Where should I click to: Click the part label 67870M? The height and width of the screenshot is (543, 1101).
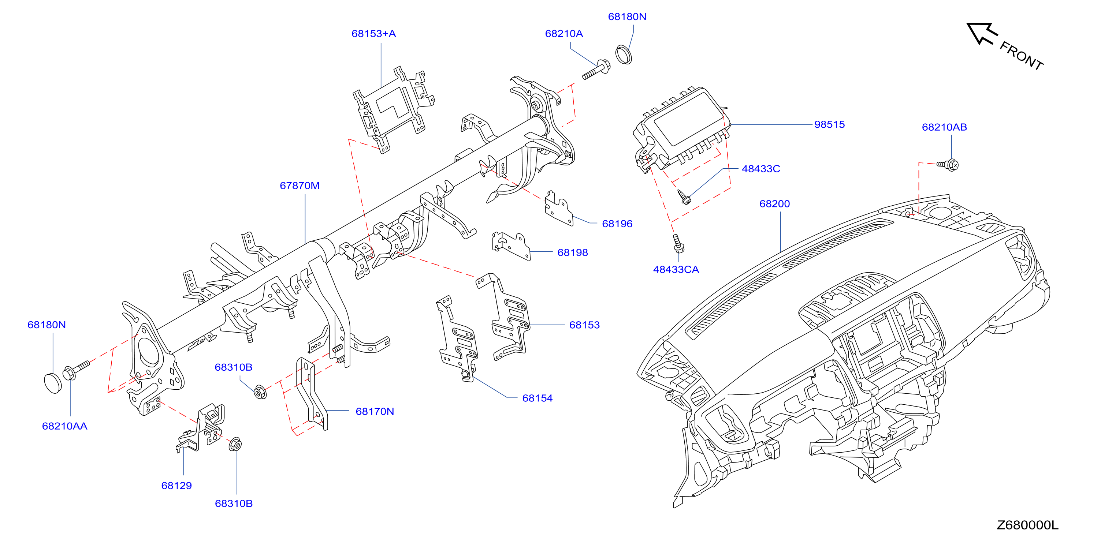click(300, 186)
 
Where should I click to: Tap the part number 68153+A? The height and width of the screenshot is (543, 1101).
click(373, 34)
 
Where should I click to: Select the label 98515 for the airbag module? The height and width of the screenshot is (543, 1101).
click(829, 124)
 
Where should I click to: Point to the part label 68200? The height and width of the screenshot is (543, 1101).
click(774, 204)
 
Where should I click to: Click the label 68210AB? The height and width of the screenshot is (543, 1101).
click(944, 127)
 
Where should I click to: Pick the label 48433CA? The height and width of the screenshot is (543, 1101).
click(676, 270)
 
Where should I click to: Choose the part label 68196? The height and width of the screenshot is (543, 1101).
click(617, 224)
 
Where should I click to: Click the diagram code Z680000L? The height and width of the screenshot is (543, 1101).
click(1027, 525)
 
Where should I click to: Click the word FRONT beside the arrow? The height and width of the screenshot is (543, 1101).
click(1022, 56)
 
